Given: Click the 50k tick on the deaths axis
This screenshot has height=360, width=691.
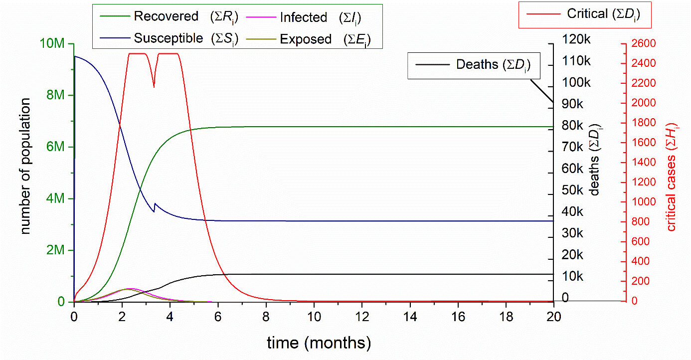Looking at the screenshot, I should [x=574, y=190].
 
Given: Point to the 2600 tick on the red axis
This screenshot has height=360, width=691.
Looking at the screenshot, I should [x=643, y=44].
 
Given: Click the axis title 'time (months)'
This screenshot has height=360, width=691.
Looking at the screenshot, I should [x=319, y=343].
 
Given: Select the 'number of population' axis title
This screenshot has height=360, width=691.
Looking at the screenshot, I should [x=26, y=166].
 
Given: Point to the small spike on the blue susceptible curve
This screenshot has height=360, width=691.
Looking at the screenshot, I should [x=155, y=203].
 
